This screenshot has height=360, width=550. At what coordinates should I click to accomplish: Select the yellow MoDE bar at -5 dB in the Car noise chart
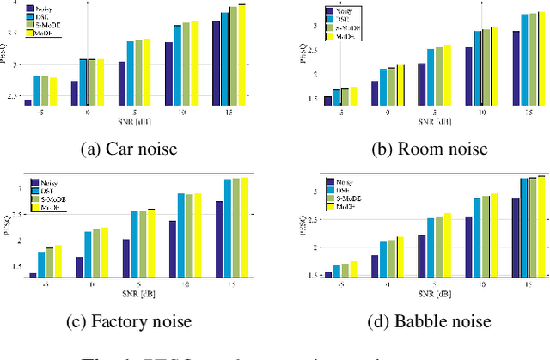pos(53,91)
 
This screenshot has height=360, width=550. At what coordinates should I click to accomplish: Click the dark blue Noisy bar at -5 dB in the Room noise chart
pos(327,101)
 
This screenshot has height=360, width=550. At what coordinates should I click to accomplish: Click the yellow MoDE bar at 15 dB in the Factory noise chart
pos(245,227)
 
